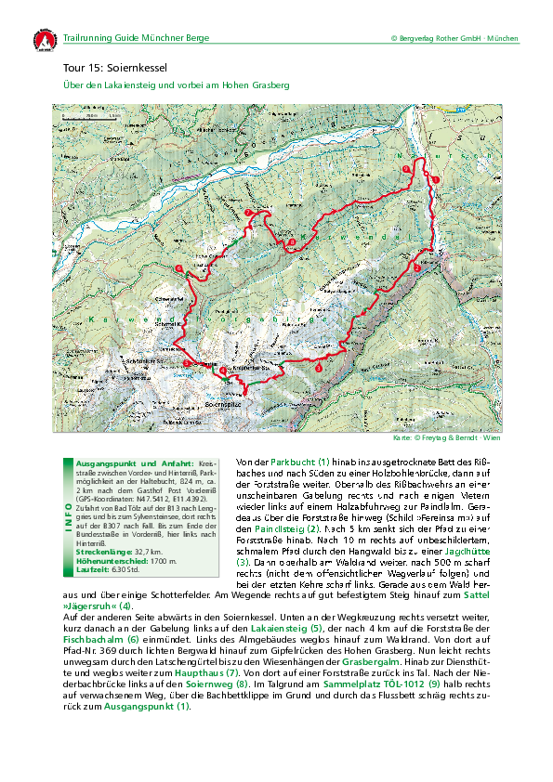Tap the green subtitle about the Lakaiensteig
click(176, 85)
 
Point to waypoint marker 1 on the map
click(435, 177)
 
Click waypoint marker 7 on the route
click(248, 214)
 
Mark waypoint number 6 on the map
click(178, 268)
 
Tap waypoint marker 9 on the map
click(406, 168)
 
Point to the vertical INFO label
click(64, 516)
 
